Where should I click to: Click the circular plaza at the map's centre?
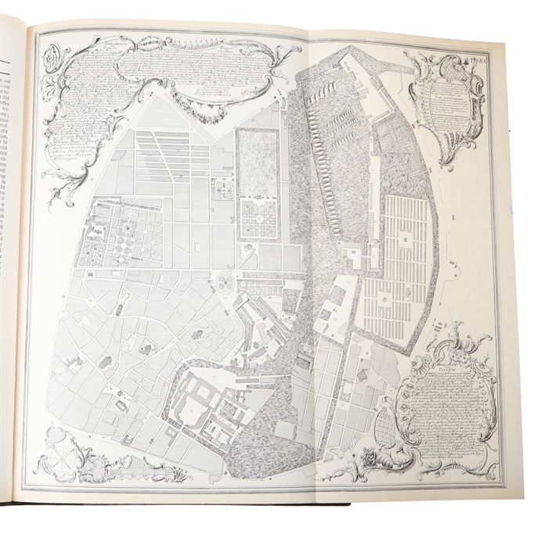225,280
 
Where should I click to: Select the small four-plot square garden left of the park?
222,188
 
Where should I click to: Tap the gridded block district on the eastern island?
399,266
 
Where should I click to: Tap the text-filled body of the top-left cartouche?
117,86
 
